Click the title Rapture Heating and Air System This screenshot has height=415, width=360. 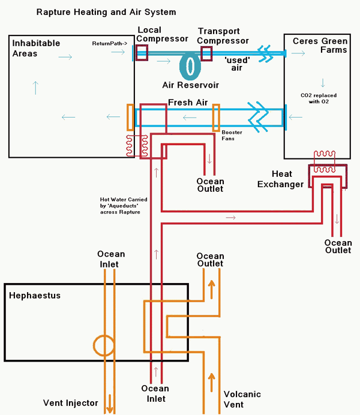pos(106,11)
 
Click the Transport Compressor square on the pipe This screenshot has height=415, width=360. pos(206,53)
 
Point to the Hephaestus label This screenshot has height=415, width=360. pos(35,295)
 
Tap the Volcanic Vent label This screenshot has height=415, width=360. pos(242,399)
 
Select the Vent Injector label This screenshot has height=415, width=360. pos(70,403)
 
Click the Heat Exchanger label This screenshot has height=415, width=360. pos(280,179)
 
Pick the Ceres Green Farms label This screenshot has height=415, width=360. pos(320,45)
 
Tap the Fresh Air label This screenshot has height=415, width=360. pos(188,103)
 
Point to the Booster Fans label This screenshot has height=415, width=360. pos(232,136)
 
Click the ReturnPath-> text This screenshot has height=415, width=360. pos(109,44)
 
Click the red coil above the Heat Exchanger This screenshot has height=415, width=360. pos(328,157)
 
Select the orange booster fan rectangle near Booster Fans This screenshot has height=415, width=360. pos(216,117)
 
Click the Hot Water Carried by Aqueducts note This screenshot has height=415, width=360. pos(124,206)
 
